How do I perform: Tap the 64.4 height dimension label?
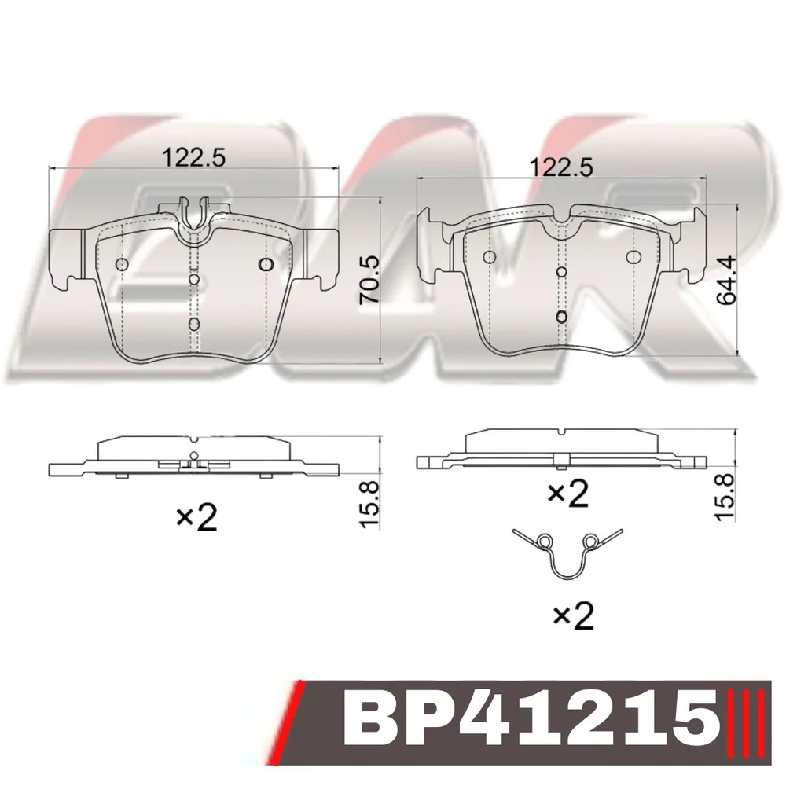pyautogui.click(x=726, y=281)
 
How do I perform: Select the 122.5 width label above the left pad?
pyautogui.click(x=193, y=158)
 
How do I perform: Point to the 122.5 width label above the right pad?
pyautogui.click(x=561, y=167)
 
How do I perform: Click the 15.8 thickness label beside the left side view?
pyautogui.click(x=370, y=505)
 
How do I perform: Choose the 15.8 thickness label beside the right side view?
pyautogui.click(x=725, y=498)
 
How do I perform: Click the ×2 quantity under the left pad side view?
pyautogui.click(x=196, y=517)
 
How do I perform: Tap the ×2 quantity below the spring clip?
pyautogui.click(x=573, y=615)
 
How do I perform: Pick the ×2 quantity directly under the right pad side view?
pyautogui.click(x=568, y=493)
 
